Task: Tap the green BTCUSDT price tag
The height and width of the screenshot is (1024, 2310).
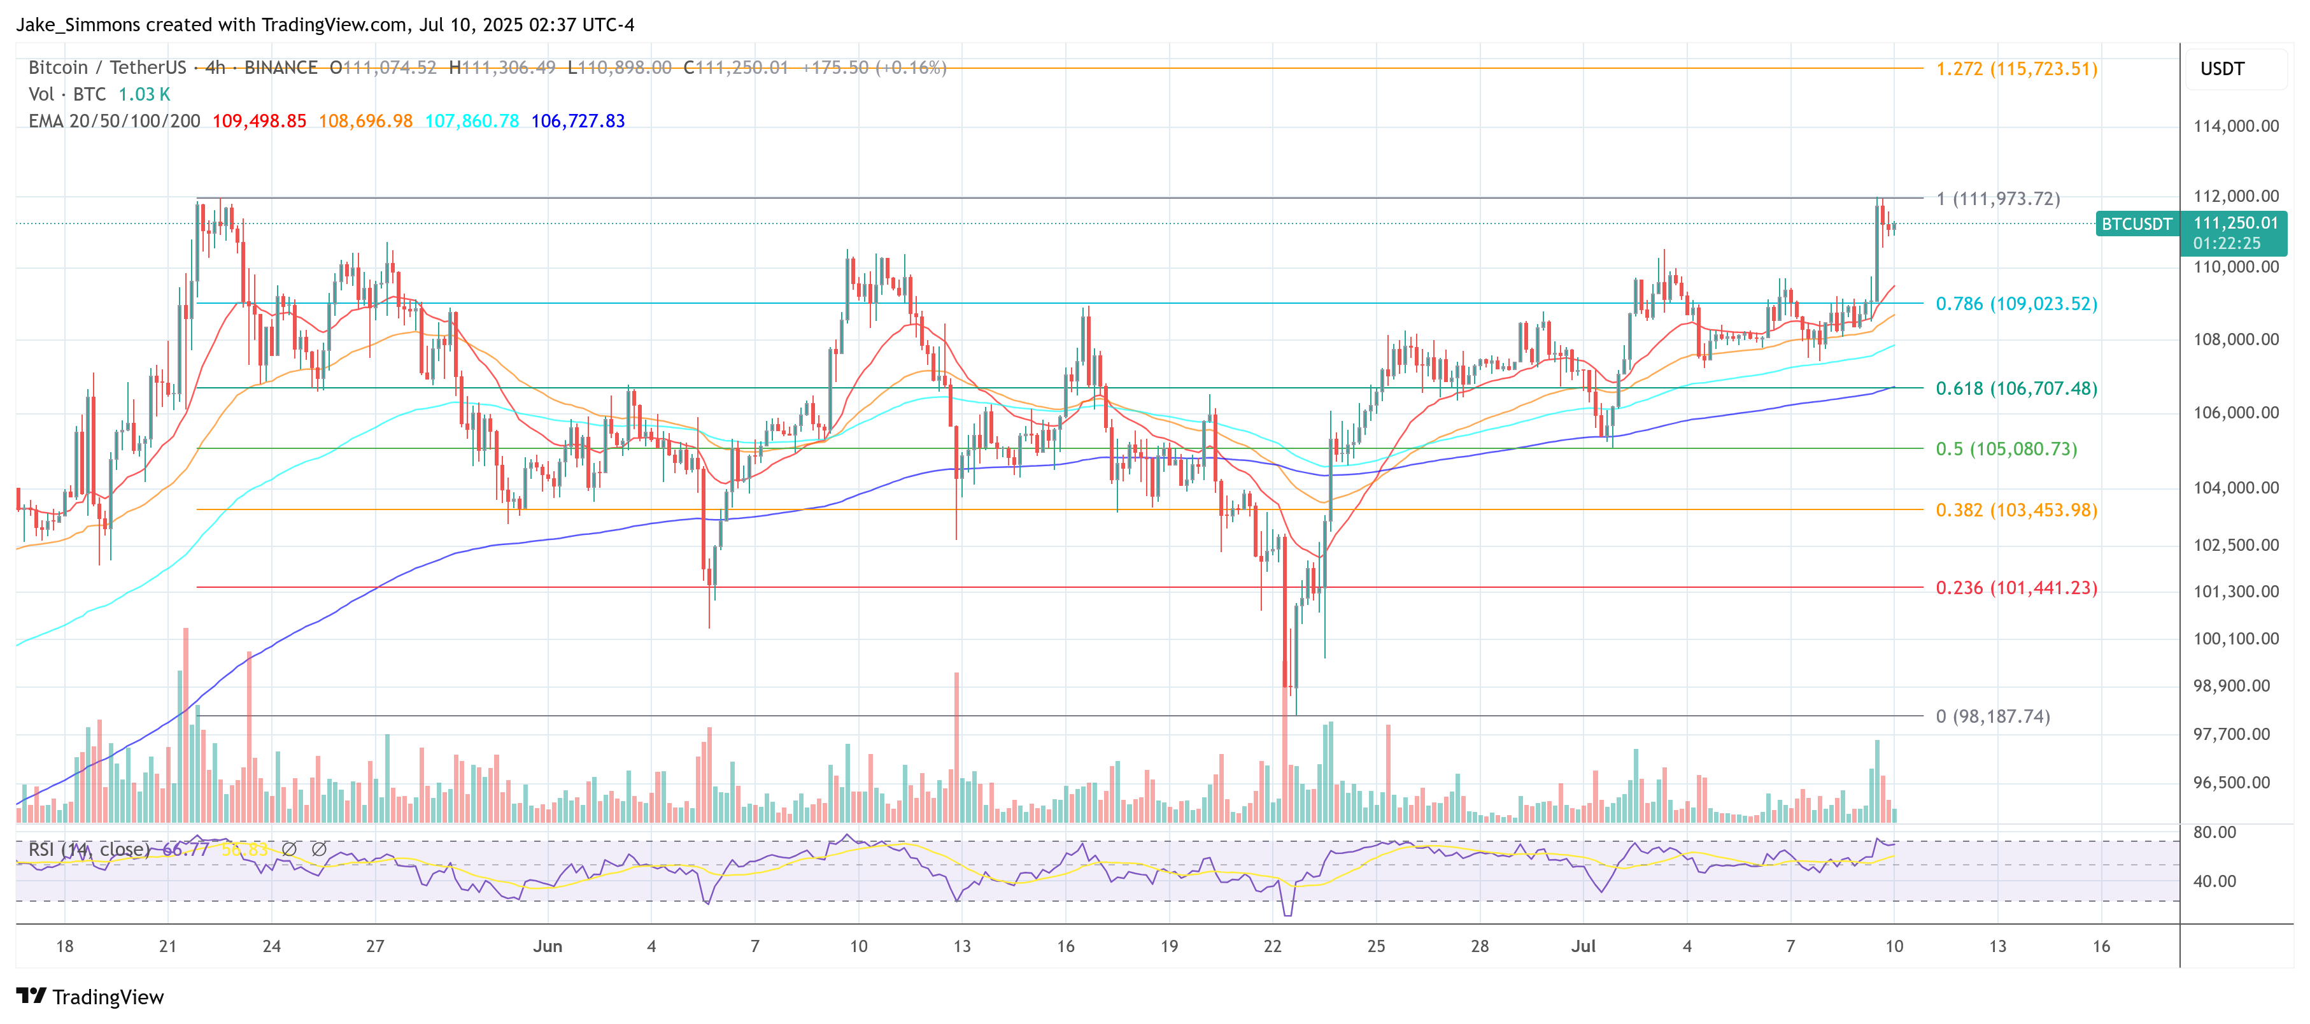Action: [2136, 224]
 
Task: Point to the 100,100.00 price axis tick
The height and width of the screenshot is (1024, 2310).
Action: [2236, 639]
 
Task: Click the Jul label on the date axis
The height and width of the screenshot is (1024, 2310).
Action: [1583, 946]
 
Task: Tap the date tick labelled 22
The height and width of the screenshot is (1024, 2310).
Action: [1272, 946]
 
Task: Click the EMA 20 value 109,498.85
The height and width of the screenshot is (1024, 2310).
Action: [259, 121]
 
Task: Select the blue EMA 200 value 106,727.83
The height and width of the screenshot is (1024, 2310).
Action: [577, 121]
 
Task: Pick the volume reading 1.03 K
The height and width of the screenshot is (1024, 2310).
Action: [143, 94]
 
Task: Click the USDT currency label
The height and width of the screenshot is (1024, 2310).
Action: [2221, 69]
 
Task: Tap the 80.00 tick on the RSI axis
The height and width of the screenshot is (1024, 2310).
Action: [2214, 832]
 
